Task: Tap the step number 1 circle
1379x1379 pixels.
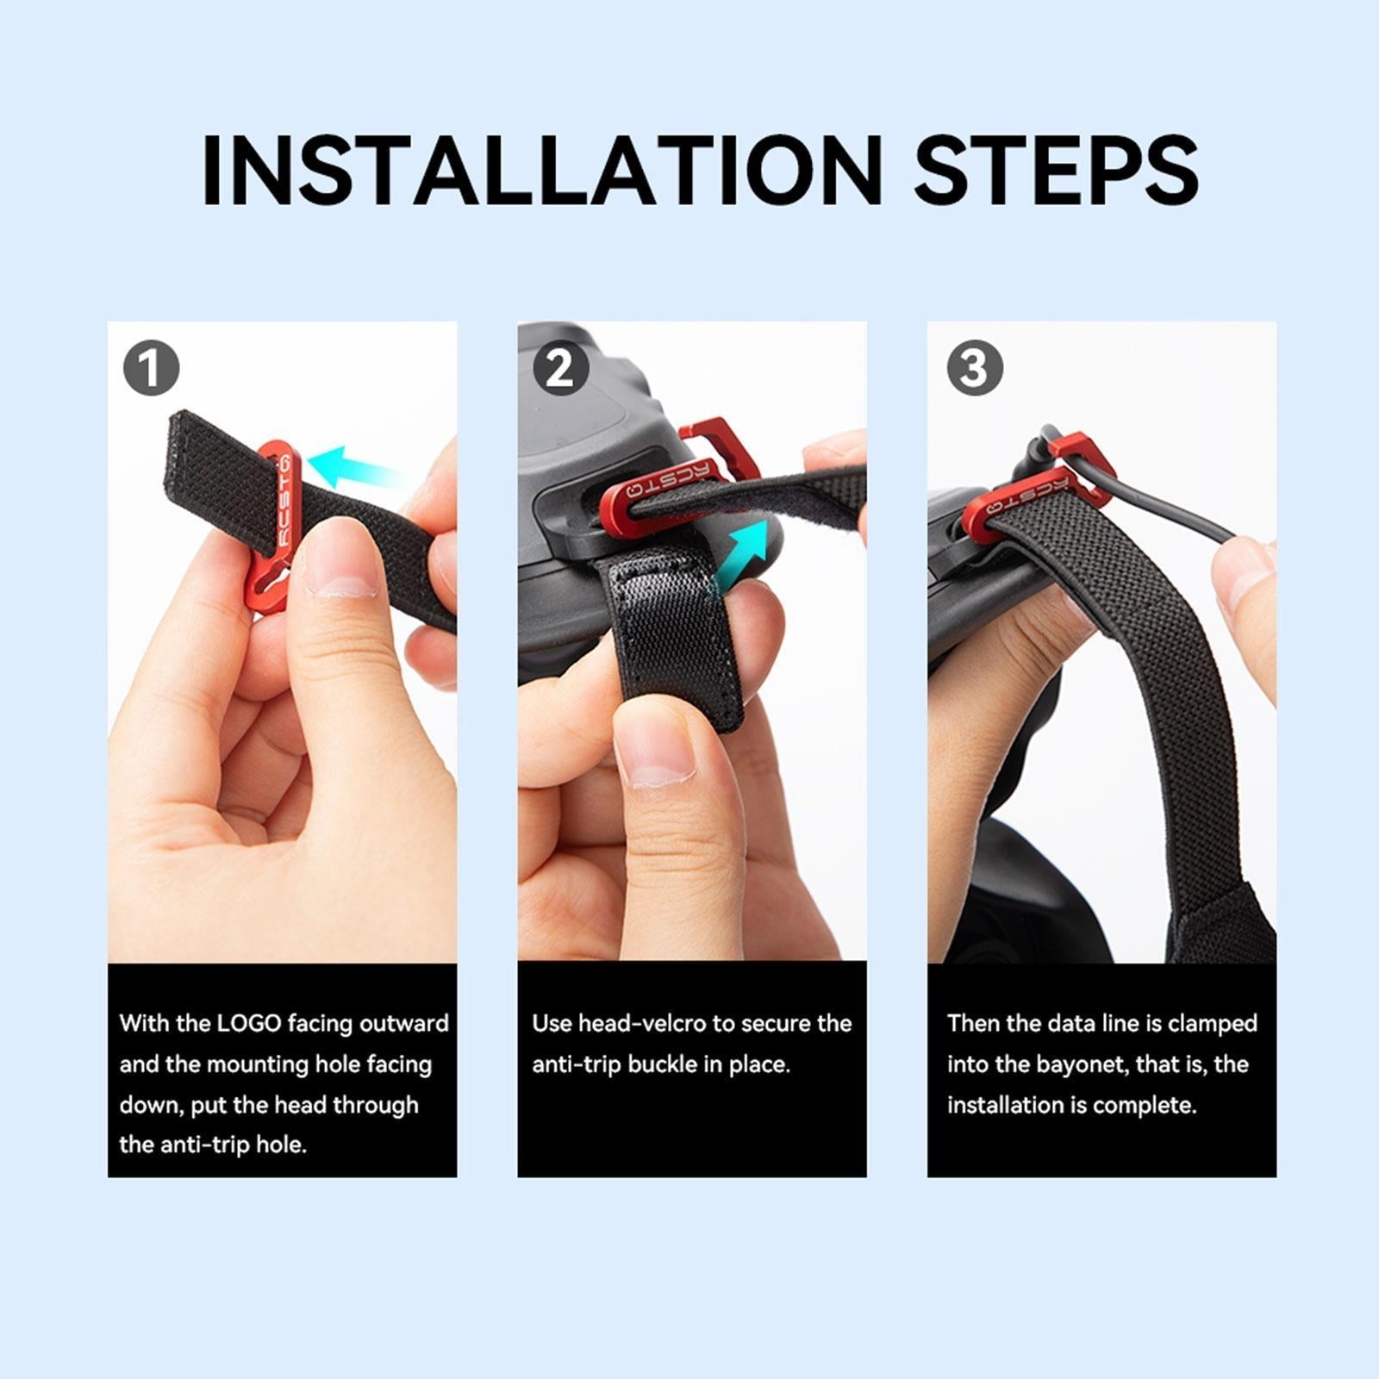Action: (x=152, y=368)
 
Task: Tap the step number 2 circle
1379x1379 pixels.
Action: (x=561, y=368)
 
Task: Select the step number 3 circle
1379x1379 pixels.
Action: (x=975, y=368)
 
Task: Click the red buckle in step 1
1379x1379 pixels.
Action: (x=272, y=526)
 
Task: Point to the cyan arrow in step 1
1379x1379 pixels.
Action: (x=353, y=468)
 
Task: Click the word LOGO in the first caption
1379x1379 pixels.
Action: (x=249, y=1023)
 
